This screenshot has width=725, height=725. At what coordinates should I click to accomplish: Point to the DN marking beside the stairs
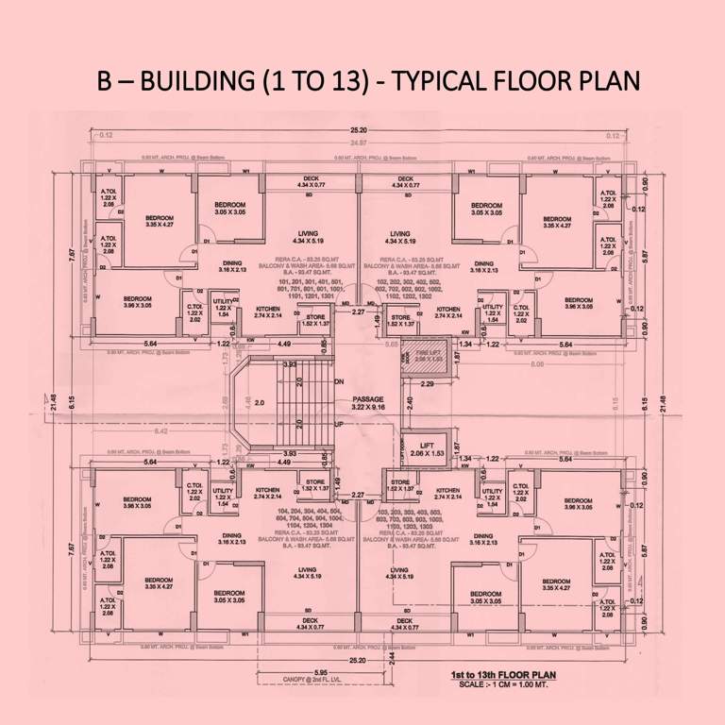pos(339,380)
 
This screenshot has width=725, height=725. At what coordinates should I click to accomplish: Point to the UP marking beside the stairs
pos(339,426)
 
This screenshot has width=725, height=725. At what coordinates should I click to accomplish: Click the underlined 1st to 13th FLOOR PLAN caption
pos(500,676)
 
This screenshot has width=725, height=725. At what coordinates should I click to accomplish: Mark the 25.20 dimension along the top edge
pos(358,130)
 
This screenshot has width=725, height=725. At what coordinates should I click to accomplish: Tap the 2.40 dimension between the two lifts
pos(410,403)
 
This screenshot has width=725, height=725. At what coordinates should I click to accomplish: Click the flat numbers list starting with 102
pos(413,288)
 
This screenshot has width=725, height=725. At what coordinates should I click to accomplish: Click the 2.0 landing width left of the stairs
pos(258,403)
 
